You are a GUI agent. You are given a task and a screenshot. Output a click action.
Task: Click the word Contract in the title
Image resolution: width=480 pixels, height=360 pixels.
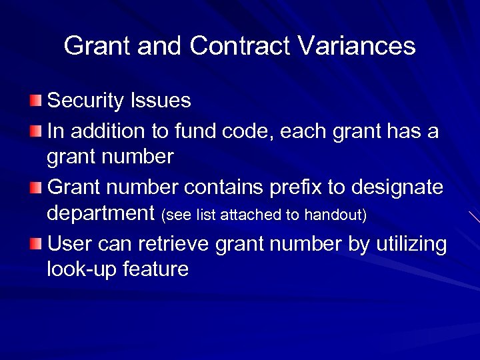pyautogui.click(x=241, y=46)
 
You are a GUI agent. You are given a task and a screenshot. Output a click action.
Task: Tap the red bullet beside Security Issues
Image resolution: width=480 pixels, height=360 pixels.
pyautogui.click(x=35, y=101)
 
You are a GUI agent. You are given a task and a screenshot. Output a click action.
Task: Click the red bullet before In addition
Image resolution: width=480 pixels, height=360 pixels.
pyautogui.click(x=35, y=131)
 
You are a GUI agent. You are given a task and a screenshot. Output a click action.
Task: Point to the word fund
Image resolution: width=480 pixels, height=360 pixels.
pyautogui.click(x=191, y=131)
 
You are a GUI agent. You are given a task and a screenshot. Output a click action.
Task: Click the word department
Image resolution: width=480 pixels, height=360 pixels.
pyautogui.click(x=101, y=214)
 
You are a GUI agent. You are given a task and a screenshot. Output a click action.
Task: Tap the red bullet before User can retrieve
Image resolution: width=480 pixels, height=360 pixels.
pyautogui.click(x=35, y=244)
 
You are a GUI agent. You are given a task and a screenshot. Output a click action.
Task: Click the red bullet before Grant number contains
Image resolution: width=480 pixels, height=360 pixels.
pyautogui.click(x=35, y=187)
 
